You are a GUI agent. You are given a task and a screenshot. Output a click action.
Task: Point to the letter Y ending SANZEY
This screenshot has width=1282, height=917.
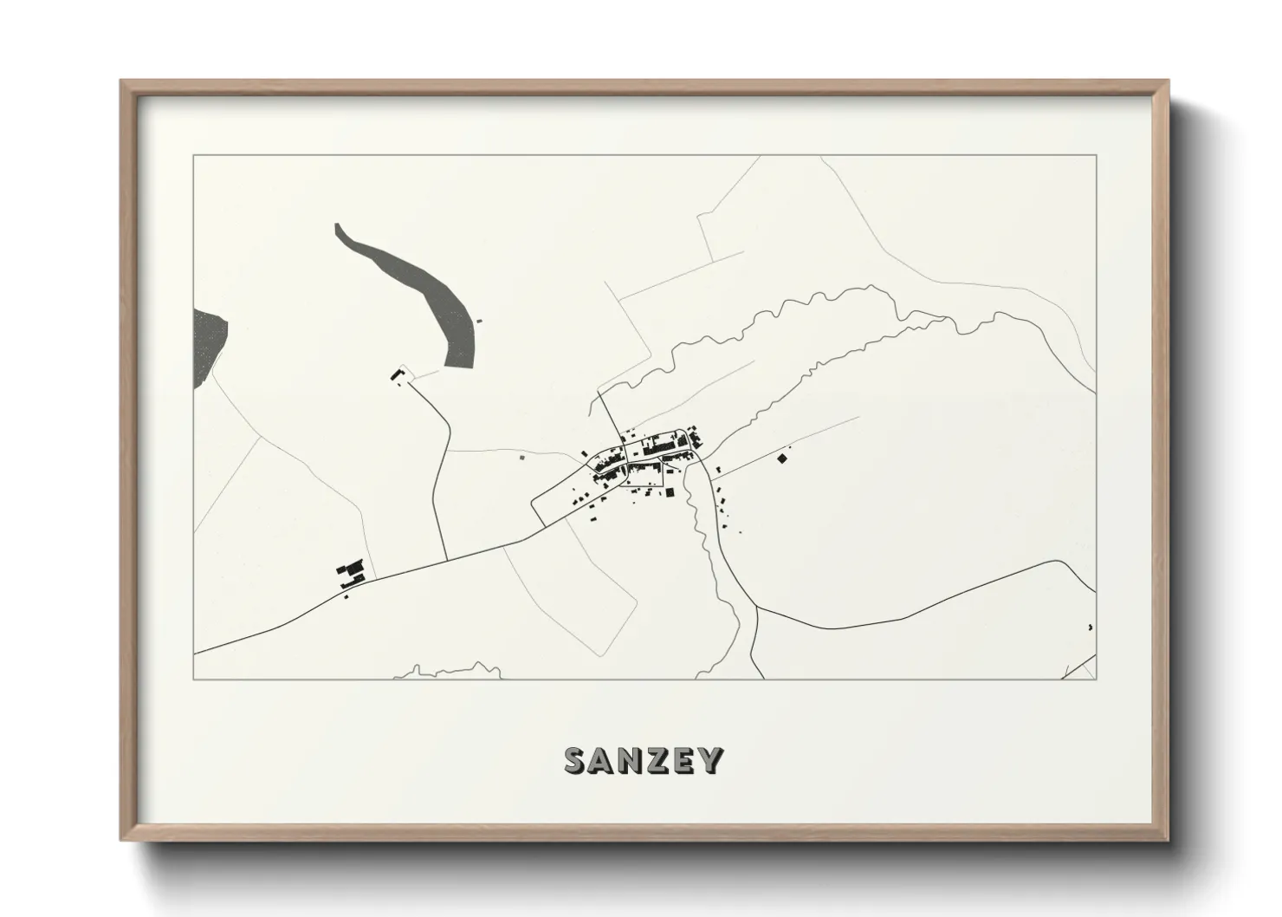pyautogui.click(x=711, y=760)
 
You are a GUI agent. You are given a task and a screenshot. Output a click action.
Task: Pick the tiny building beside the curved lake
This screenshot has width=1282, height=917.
pyautogui.click(x=479, y=321)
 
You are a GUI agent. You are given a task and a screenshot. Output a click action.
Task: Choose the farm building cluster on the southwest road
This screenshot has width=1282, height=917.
pyautogui.click(x=353, y=572)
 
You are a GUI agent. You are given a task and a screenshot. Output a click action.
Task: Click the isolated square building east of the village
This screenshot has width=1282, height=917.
pyautogui.click(x=782, y=458)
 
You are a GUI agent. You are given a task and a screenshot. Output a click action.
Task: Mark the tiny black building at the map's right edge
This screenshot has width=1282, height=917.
pyautogui.click(x=1090, y=627)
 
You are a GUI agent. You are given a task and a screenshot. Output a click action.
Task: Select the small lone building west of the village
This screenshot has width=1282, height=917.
pyautogui.click(x=521, y=457)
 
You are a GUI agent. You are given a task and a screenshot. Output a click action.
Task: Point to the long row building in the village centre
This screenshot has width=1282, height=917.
pyautogui.click(x=663, y=445)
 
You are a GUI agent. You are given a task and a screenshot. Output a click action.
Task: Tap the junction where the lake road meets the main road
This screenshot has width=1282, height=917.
pyautogui.click(x=445, y=559)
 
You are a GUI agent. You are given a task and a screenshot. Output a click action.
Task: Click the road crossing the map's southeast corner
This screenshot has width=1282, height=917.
pyautogui.click(x=1079, y=667)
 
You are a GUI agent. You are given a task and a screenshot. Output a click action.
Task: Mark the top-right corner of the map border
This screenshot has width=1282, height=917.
pyautogui.click(x=1096, y=155)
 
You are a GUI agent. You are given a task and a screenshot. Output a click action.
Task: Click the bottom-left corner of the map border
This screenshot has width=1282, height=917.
pyautogui.click(x=194, y=680)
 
